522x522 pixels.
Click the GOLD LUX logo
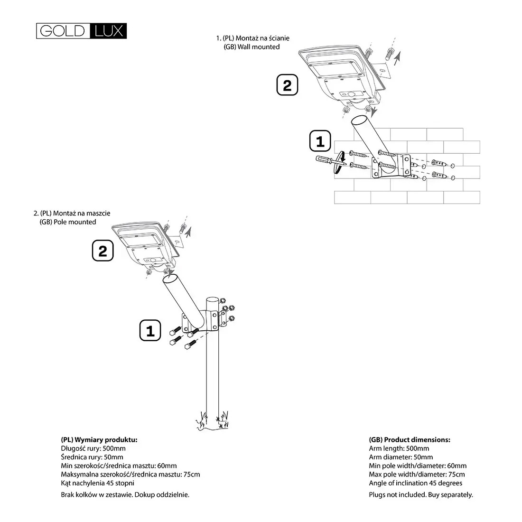82,30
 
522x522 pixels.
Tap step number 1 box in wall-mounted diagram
319,141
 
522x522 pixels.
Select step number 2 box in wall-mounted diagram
287,86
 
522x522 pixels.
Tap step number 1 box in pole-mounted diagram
150,330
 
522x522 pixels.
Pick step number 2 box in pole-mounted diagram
103,251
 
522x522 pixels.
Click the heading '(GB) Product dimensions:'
410,439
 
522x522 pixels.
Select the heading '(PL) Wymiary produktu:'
99,439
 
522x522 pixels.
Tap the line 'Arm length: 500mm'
399,448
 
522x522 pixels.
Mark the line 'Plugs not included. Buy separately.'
421,494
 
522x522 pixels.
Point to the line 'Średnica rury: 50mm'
92,457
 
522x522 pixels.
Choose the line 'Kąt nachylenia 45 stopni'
98,483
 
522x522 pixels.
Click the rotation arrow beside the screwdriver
340,161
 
